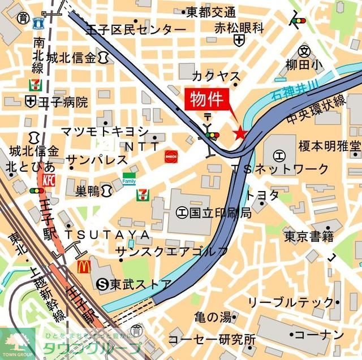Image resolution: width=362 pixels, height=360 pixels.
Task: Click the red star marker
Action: pos(240,133)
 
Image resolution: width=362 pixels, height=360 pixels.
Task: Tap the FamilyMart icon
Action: pos(129,179)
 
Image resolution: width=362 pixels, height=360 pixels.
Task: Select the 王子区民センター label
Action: pos(136,29)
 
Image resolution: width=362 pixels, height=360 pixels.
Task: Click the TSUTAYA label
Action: pos(107,234)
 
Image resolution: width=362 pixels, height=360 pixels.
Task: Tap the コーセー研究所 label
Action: pos(212,340)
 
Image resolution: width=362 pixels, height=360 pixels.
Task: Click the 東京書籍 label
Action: pos(309,236)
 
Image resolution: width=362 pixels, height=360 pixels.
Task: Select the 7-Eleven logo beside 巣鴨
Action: pos(143,195)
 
